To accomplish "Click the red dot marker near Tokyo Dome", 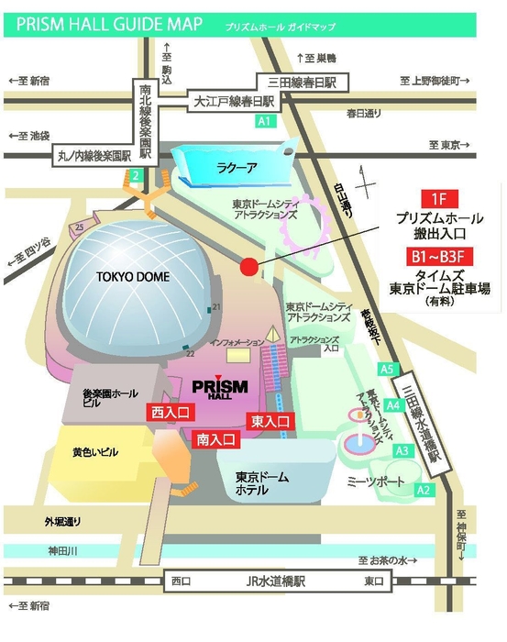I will [248, 267].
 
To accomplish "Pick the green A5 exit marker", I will [387, 369].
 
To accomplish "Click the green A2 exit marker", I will [424, 491].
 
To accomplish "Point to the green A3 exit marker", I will [402, 450].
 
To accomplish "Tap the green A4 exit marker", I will [393, 404].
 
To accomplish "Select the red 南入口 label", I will [217, 439].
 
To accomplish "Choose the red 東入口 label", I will [270, 421].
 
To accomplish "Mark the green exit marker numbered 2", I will [135, 175].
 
